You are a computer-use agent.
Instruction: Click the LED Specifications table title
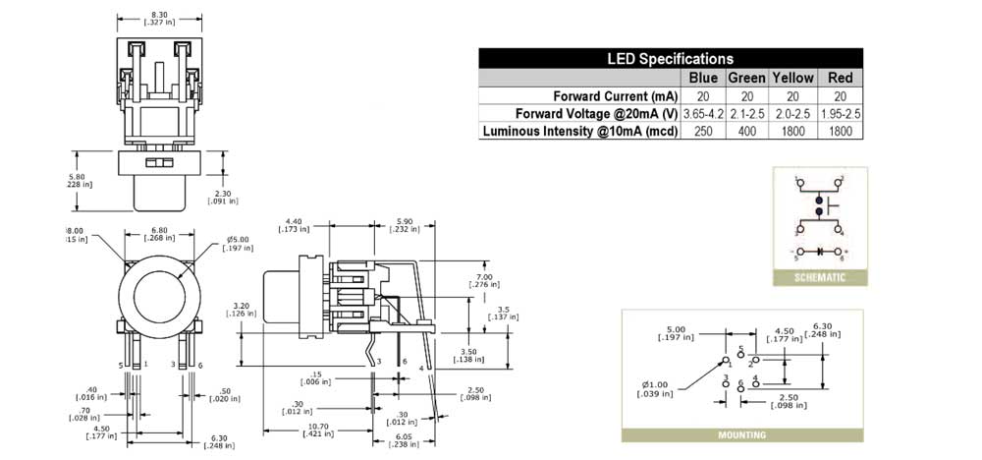click(672, 59)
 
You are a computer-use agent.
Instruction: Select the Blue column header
click(703, 78)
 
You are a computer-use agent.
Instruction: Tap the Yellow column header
click(792, 78)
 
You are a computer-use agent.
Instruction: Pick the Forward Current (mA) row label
click(615, 96)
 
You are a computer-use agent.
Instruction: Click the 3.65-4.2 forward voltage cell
click(703, 114)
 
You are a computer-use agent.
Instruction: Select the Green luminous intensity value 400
click(746, 132)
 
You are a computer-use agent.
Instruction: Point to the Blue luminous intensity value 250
click(703, 132)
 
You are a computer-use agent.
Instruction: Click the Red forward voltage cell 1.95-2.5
click(841, 114)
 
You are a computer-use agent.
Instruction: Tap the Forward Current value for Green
click(746, 96)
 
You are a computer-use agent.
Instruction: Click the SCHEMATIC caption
click(821, 278)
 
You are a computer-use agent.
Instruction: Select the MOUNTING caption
click(741, 434)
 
